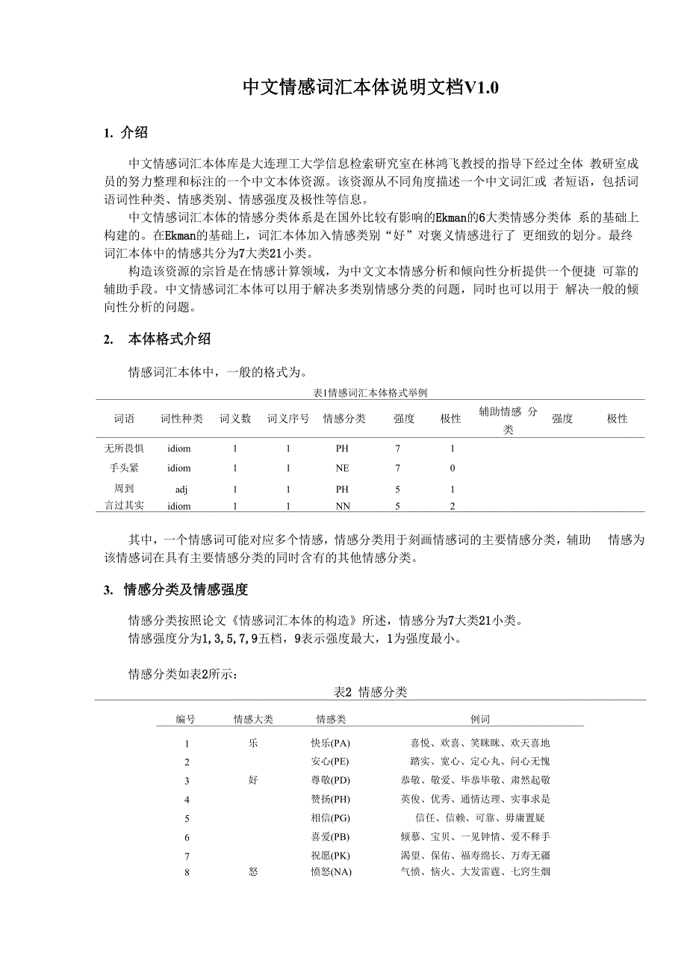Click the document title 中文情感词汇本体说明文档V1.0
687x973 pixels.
coord(370,88)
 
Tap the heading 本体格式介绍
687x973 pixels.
coord(170,339)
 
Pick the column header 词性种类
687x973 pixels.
coord(181,418)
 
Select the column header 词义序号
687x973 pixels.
coord(288,418)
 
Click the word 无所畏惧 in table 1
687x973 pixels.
coord(124,448)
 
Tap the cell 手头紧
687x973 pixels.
coord(124,468)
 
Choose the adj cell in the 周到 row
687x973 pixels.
coord(181,489)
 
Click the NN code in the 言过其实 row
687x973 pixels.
coord(342,506)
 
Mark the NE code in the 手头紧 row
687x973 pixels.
coord(342,468)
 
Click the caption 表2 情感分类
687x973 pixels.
coord(370,692)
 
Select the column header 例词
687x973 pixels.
coord(480,719)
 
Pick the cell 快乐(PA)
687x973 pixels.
coord(330,743)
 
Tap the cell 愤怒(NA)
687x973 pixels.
coord(330,871)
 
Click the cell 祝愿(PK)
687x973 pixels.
coord(330,855)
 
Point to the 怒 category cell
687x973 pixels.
coord(253,871)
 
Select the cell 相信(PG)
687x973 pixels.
coord(330,818)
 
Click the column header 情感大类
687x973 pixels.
coord(253,719)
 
